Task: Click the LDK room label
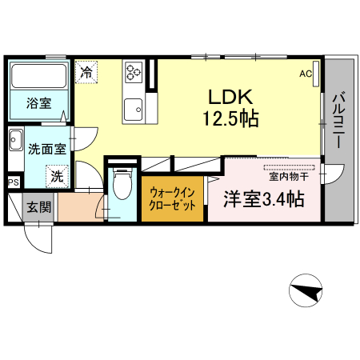231,97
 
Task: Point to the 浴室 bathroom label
38,102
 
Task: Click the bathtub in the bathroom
39,78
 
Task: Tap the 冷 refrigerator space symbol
86,72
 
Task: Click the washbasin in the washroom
16,144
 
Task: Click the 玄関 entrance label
38,207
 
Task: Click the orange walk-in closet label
172,199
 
